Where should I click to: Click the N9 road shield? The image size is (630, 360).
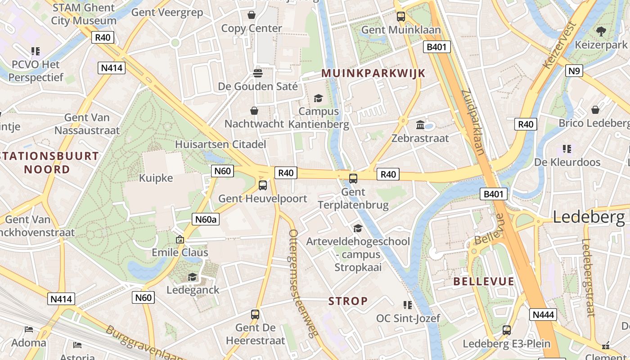click(574, 70)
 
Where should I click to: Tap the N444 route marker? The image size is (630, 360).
click(543, 315)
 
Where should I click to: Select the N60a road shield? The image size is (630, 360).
click(206, 219)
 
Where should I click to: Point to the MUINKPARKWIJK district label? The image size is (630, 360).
click(373, 74)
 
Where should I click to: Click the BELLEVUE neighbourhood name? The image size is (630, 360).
click(483, 282)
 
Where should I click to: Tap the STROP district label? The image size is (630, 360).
click(348, 301)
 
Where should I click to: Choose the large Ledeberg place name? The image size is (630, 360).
click(589, 217)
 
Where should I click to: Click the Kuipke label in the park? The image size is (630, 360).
click(156, 178)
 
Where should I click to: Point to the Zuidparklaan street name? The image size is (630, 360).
click(473, 121)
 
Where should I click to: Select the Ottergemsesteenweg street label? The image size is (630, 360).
click(304, 283)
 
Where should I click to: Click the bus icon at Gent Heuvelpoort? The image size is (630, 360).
click(263, 185)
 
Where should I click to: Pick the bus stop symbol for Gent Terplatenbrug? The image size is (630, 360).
click(353, 178)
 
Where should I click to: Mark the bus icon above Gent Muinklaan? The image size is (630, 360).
click(400, 17)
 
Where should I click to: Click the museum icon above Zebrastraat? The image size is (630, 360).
click(420, 125)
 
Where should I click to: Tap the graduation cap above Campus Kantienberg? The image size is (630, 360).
click(318, 98)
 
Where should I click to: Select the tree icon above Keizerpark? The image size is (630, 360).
click(601, 31)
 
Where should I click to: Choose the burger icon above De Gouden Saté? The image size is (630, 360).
click(258, 72)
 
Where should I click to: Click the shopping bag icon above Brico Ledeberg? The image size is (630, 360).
click(595, 110)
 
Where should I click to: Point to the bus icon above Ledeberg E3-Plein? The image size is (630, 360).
click(507, 330)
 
